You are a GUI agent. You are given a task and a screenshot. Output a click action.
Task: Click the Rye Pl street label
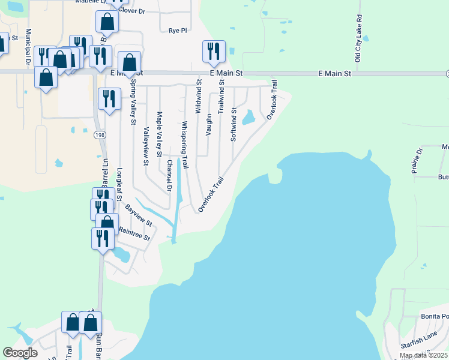coord(178,31)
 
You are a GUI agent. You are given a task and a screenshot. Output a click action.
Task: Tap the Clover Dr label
coord(132,11)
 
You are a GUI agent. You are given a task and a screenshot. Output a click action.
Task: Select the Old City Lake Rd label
coord(358,39)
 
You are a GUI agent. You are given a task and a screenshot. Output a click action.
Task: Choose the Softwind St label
coord(234,125)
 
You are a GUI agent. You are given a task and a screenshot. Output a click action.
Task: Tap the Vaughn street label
coord(208,124)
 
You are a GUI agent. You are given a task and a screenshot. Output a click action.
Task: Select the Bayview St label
coord(139,215)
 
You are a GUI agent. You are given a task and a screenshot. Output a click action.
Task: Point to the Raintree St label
coord(134,229)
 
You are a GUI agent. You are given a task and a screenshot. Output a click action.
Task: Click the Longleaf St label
coord(119,184)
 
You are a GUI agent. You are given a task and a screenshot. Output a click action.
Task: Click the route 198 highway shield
coord(99,135)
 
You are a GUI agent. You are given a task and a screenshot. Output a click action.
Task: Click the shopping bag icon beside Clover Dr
coord(107,21)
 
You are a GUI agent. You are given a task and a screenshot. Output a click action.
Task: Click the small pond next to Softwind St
coord(248,118)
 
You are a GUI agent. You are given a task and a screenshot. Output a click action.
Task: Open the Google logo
coord(20,353)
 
